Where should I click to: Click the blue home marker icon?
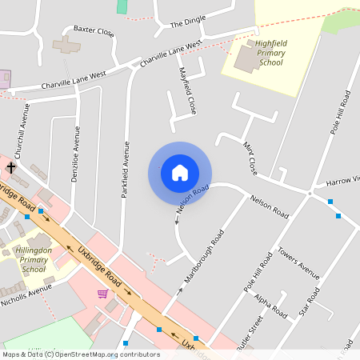[180, 173]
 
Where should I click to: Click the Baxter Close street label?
[94, 31]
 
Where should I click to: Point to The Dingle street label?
[188, 24]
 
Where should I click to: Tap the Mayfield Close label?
[187, 90]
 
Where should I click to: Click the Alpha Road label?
[270, 307]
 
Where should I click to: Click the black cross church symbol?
[11, 166]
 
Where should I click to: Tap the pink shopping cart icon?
[102, 294]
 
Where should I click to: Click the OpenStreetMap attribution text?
[80, 354]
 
